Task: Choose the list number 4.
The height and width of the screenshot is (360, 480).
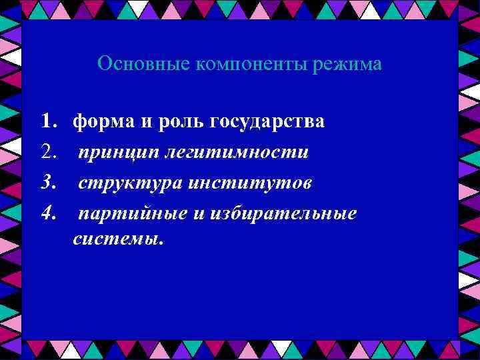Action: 47,214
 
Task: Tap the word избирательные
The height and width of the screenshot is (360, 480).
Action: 285,214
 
